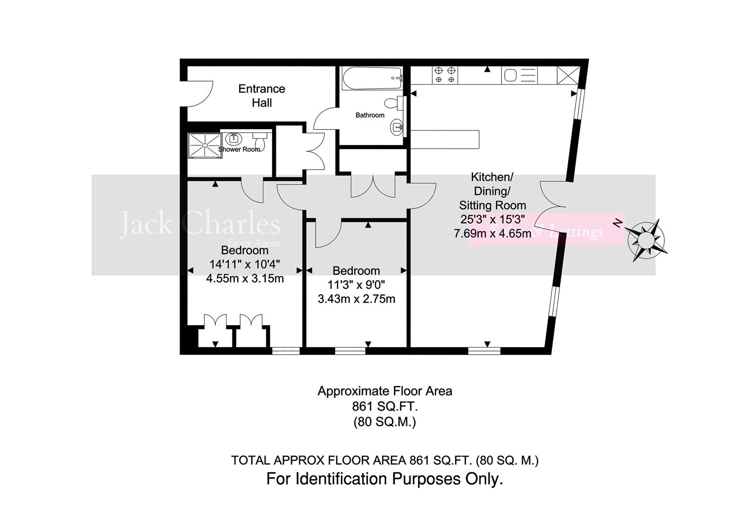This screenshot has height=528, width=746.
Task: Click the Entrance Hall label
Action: pyautogui.click(x=261, y=95)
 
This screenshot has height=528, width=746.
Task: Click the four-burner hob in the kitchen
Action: pyautogui.click(x=445, y=74)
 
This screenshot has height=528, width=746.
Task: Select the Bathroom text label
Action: pyautogui.click(x=370, y=115)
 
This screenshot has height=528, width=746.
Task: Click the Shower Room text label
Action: pyautogui.click(x=239, y=149)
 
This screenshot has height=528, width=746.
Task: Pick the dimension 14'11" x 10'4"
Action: pyautogui.click(x=245, y=264)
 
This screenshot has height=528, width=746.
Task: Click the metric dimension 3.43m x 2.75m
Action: pyautogui.click(x=356, y=299)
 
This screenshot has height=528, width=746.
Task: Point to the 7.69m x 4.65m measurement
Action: pyautogui.click(x=492, y=233)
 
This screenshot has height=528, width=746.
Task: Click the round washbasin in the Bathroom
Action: pyautogui.click(x=396, y=128)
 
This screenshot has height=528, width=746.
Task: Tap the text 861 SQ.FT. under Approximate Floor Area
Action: pyautogui.click(x=384, y=406)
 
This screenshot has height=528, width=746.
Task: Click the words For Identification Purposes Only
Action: pyautogui.click(x=384, y=479)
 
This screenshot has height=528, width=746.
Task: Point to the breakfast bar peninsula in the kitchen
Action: pyautogui.click(x=445, y=139)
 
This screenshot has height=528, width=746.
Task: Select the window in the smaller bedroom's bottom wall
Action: pyautogui.click(x=350, y=350)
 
